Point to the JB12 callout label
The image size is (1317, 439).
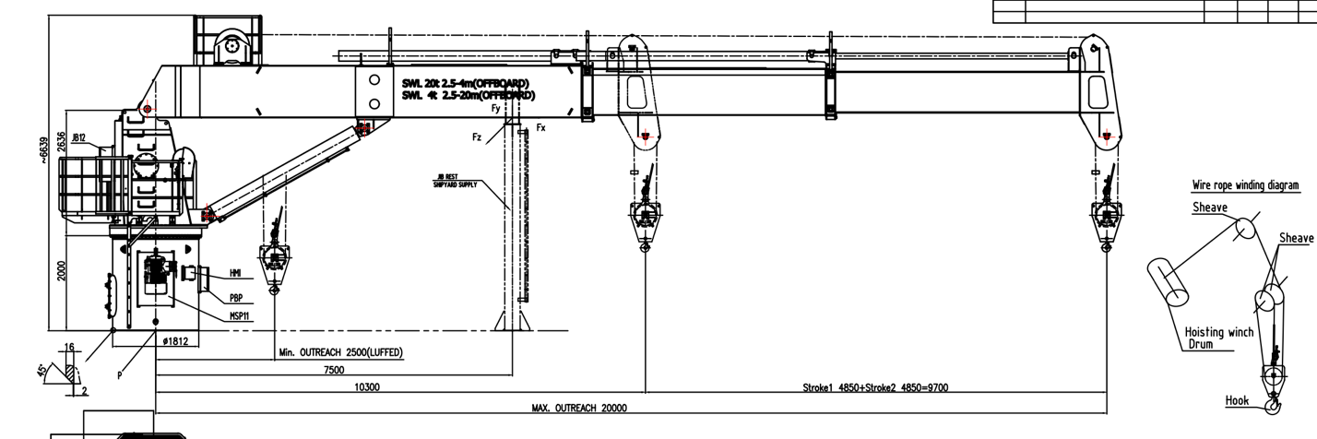80,138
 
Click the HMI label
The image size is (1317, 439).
235,274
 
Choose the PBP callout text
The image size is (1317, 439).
236,298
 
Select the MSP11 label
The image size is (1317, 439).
241,315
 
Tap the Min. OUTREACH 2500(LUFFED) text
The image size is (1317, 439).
341,353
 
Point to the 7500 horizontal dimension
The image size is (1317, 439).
334,370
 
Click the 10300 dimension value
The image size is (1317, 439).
367,387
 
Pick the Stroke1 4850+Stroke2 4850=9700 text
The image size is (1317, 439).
874,387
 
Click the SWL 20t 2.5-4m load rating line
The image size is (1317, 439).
466,83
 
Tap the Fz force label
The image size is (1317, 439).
477,136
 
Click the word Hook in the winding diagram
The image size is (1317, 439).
1237,401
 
